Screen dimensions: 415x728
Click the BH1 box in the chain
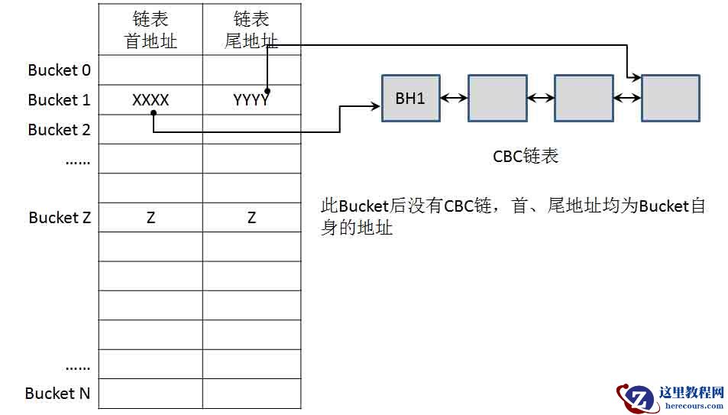pyautogui.click(x=411, y=98)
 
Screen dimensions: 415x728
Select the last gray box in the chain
pyautogui.click(x=670, y=98)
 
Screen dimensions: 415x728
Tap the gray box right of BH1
pyautogui.click(x=497, y=98)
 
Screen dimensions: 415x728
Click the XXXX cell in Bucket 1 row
pyautogui.click(x=150, y=100)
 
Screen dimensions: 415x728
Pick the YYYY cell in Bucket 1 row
pyautogui.click(x=251, y=100)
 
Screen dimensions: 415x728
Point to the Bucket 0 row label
pyautogui.click(x=59, y=70)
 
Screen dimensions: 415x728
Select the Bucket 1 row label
pyautogui.click(x=59, y=100)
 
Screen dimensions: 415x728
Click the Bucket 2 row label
pyautogui.click(x=59, y=130)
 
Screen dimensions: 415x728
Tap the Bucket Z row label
pyautogui.click(x=60, y=218)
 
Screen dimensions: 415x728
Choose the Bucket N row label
pyautogui.click(x=57, y=394)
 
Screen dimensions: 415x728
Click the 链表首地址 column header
pyautogui.click(x=150, y=31)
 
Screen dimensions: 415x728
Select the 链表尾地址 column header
pyautogui.click(x=251, y=31)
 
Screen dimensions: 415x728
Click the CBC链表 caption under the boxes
pyautogui.click(x=526, y=157)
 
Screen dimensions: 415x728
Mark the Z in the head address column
pyautogui.click(x=150, y=218)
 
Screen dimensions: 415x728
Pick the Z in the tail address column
pyautogui.click(x=251, y=218)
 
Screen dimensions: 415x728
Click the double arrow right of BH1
pyautogui.click(x=454, y=98)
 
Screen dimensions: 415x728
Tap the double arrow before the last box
pyautogui.click(x=626, y=98)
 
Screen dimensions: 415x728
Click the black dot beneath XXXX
pyautogui.click(x=154, y=113)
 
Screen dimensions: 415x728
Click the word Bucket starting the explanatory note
pyautogui.click(x=364, y=206)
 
